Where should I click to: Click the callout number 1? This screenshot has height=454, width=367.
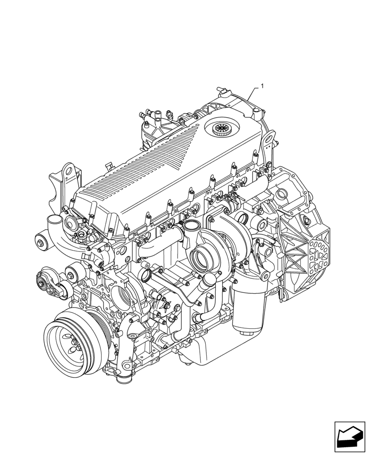pyautogui.click(x=262, y=85)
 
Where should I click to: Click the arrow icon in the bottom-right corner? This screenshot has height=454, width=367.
pyautogui.click(x=349, y=436)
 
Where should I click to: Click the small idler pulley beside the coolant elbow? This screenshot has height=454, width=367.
pyautogui.click(x=42, y=240)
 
